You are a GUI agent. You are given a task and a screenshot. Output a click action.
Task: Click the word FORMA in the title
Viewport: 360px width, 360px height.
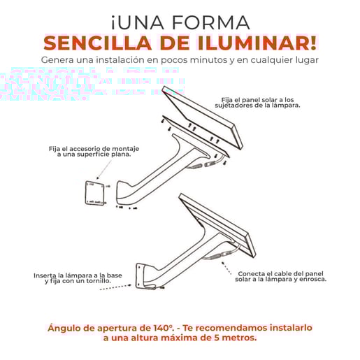(210, 23)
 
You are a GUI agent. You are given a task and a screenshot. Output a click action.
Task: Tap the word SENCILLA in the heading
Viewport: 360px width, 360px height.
(97, 43)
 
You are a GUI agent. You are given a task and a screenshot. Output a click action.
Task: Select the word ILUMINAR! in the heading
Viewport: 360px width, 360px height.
(257, 43)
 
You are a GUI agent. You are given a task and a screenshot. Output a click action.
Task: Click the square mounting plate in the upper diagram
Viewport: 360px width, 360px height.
(94, 194)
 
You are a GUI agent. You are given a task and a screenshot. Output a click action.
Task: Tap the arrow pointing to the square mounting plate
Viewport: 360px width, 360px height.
(104, 170)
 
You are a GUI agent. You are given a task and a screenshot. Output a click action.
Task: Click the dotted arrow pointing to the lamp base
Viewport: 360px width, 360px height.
(115, 287)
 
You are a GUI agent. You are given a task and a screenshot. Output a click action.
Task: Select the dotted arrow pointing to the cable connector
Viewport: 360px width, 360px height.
(226, 268)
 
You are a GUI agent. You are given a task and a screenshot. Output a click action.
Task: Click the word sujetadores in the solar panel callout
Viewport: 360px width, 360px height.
(231, 106)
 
